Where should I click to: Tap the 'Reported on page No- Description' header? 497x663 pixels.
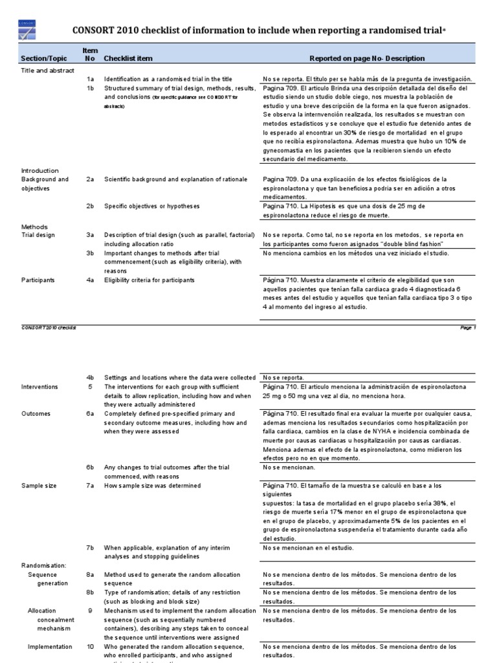pos(367,58)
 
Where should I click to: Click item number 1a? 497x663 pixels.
pos(91,78)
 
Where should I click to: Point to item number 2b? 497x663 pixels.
pos(91,206)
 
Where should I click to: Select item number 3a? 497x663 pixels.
pos(91,234)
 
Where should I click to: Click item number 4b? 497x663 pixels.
pos(91,377)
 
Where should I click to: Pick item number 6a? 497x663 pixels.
pos(91,414)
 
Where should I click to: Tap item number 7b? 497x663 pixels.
pos(91,548)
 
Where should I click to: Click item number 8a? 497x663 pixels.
pos(91,574)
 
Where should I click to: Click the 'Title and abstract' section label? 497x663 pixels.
pos(47,70)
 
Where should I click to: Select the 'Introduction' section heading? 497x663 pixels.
pos(40,171)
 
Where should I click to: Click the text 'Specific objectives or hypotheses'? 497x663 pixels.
pos(152,206)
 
